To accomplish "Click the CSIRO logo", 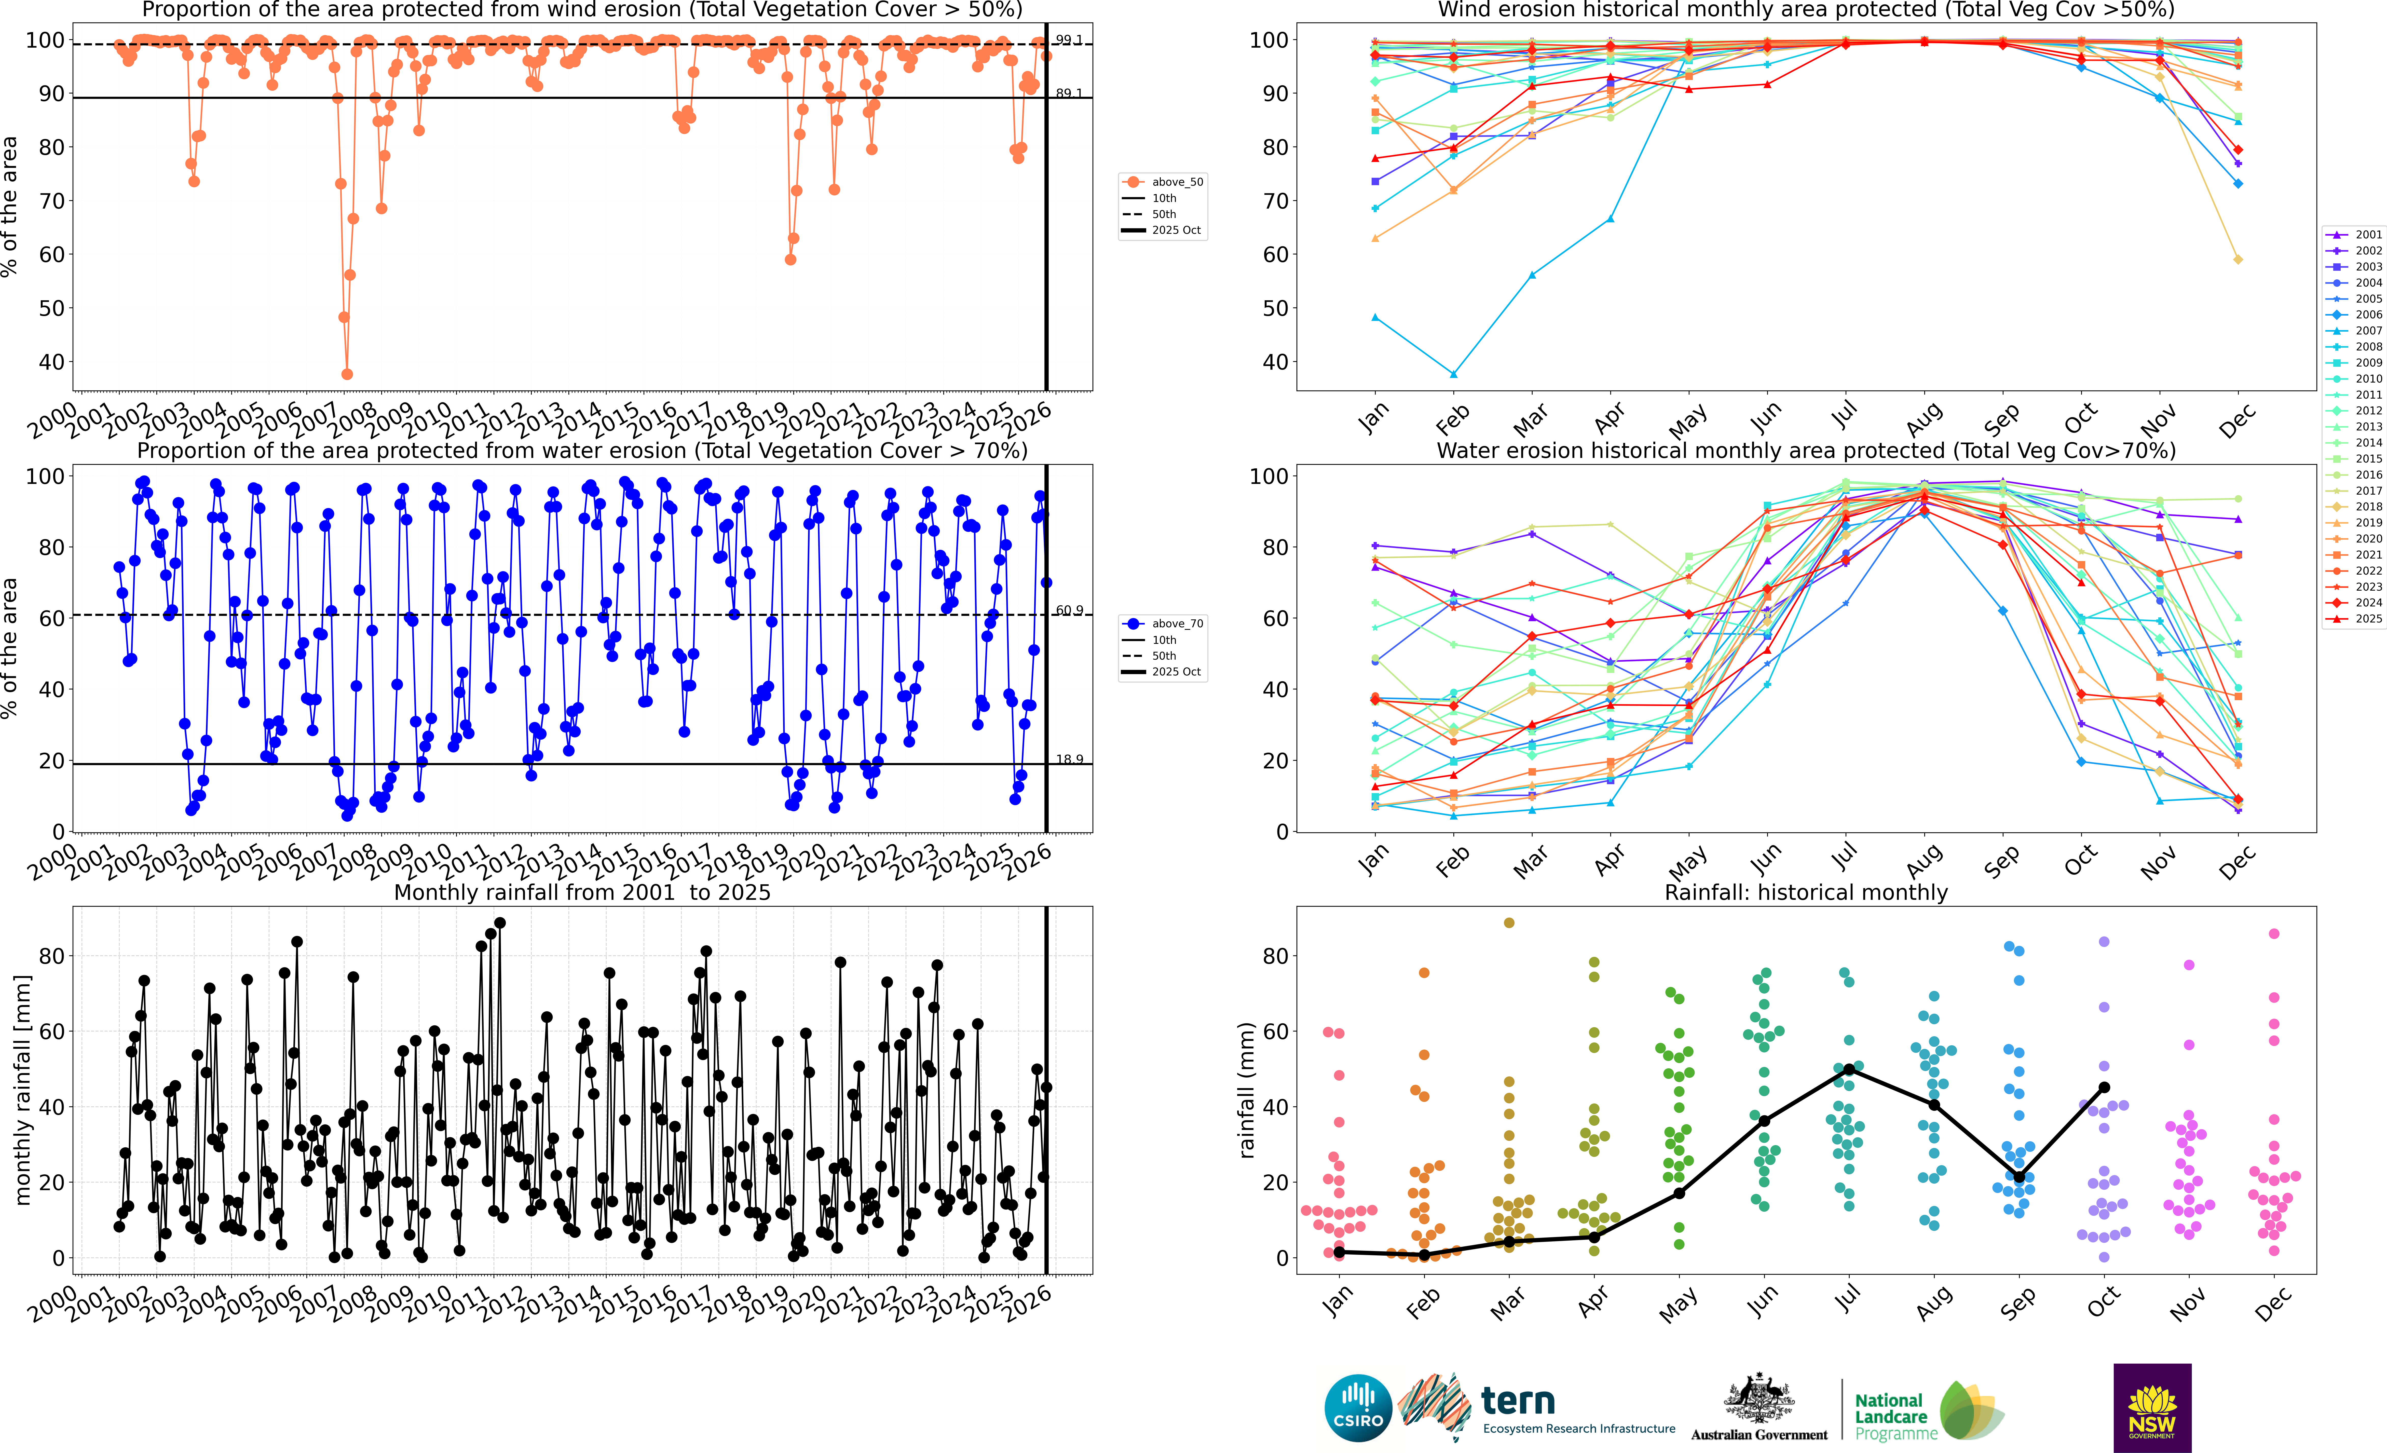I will click(1358, 1407).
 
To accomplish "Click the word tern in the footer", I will click(1518, 1401).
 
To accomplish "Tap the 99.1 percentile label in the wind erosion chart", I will click(1069, 40).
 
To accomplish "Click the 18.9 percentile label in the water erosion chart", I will click(1069, 759).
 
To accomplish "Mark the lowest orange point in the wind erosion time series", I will click(347, 374).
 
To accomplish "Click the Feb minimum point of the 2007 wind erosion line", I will click(1453, 374).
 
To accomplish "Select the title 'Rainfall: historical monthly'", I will click(1806, 892).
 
